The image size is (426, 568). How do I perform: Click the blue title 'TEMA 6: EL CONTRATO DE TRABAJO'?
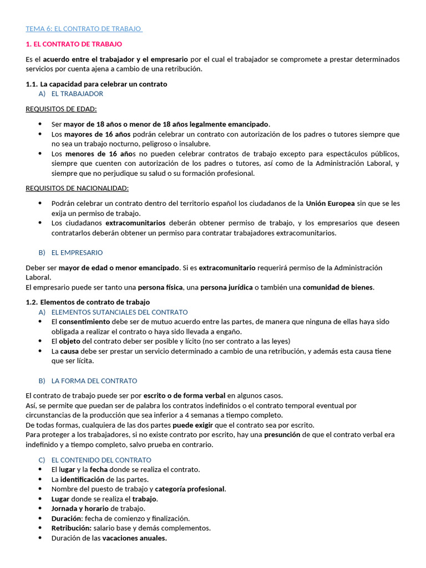pyautogui.click(x=84, y=28)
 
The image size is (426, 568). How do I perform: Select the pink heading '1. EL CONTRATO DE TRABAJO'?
pyautogui.click(x=74, y=44)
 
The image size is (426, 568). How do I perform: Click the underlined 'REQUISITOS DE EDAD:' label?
pyautogui.click(x=61, y=109)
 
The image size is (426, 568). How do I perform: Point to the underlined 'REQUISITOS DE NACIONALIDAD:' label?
pyautogui.click(x=77, y=188)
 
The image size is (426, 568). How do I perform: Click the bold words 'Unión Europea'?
pyautogui.click(x=330, y=204)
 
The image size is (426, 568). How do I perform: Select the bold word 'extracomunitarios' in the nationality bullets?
pyautogui.click(x=135, y=223)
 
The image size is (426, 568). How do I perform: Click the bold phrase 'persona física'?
pyautogui.click(x=160, y=287)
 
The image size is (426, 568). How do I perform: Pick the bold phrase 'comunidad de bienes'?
pyautogui.click(x=338, y=287)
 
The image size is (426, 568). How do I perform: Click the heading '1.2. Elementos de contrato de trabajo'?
pyautogui.click(x=88, y=302)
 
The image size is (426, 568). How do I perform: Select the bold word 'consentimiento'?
pyautogui.click(x=84, y=322)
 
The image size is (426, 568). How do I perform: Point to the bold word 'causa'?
pyautogui.click(x=69, y=351)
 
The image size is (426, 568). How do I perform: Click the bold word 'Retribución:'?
pyautogui.click(x=71, y=528)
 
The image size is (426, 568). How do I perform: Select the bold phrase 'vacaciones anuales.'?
pyautogui.click(x=135, y=538)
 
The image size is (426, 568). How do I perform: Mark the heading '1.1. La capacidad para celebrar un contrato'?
pyautogui.click(x=96, y=84)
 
